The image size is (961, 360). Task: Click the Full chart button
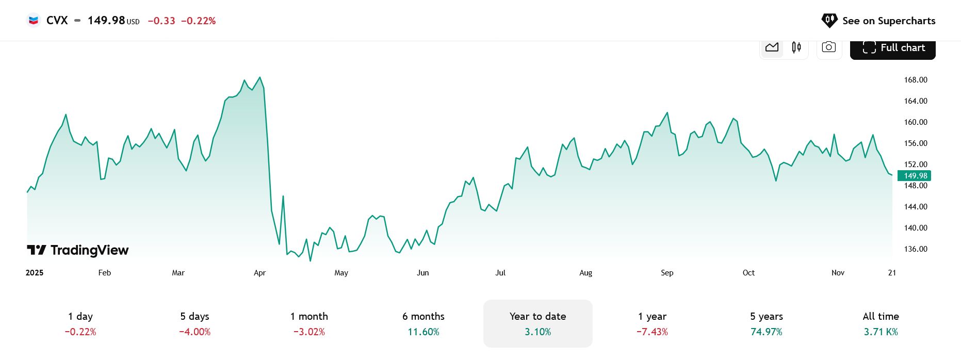(x=892, y=48)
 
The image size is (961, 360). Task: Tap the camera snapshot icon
(x=829, y=47)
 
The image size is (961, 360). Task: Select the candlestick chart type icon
(x=796, y=47)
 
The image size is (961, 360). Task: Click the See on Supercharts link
(x=878, y=21)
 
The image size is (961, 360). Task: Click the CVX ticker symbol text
(x=57, y=21)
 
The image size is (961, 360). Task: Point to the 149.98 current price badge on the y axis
(x=915, y=176)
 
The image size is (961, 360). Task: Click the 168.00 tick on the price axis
(x=915, y=80)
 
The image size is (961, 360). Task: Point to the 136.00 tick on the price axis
(x=915, y=249)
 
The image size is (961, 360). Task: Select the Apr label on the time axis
(x=259, y=273)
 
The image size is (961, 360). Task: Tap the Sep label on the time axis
(x=667, y=273)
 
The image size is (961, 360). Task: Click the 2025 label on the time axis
(x=35, y=273)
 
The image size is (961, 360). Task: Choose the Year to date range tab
(x=537, y=323)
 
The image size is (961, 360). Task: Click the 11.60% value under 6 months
(x=424, y=332)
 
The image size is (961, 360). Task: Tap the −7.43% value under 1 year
(x=652, y=332)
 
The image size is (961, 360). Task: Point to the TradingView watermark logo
(x=78, y=250)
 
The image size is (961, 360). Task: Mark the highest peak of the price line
(x=260, y=78)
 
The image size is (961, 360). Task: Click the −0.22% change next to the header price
(x=199, y=21)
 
